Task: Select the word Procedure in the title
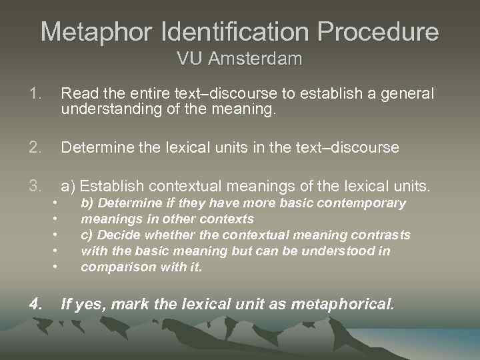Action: click(x=378, y=31)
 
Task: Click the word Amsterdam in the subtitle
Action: click(x=255, y=59)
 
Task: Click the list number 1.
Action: click(x=35, y=93)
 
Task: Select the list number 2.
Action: click(x=35, y=147)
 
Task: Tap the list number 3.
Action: click(x=35, y=185)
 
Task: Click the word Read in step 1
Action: click(x=76, y=93)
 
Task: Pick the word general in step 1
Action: click(x=407, y=93)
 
